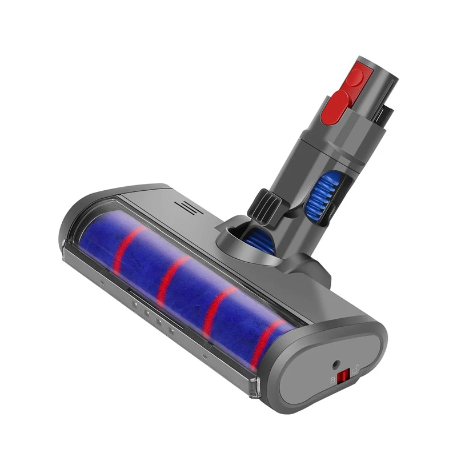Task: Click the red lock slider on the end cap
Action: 343,377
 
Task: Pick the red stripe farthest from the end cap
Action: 125,247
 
